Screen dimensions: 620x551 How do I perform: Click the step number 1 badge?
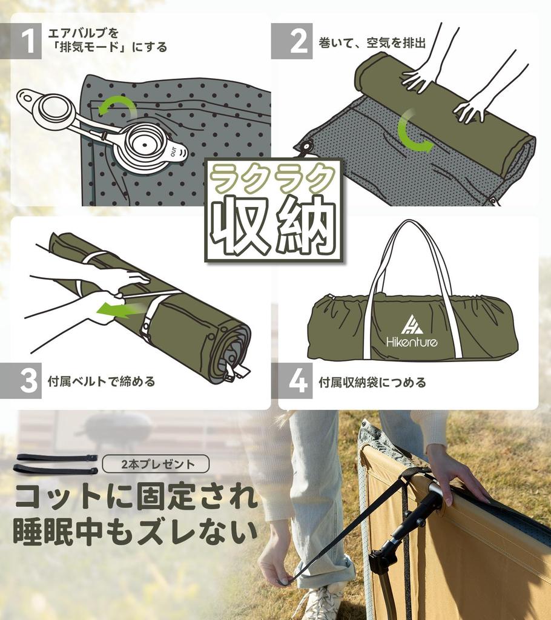pyautogui.click(x=27, y=41)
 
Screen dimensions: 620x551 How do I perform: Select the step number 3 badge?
pyautogui.click(x=27, y=381)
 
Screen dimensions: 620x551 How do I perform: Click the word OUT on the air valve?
pyautogui.click(x=174, y=151)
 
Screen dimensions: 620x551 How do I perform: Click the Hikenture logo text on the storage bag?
pyautogui.click(x=412, y=342)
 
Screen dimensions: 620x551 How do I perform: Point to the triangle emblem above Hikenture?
pyautogui.click(x=412, y=324)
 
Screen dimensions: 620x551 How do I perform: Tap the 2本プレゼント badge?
pyautogui.click(x=156, y=464)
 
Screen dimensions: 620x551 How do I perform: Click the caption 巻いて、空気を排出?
pyautogui.click(x=372, y=43)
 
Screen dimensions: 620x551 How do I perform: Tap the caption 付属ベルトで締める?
pyautogui.click(x=101, y=381)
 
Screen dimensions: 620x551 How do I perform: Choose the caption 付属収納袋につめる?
pyautogui.click(x=372, y=382)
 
